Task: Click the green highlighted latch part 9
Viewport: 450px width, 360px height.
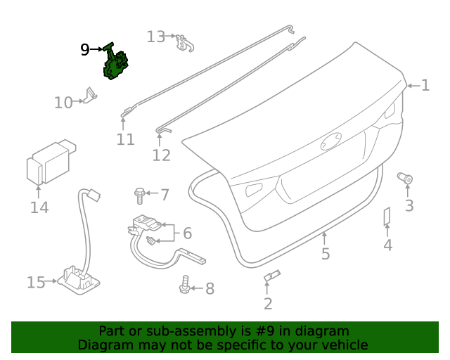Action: [115, 65]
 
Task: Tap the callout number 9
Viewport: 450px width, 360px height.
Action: [85, 49]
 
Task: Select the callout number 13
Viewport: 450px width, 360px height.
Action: [155, 36]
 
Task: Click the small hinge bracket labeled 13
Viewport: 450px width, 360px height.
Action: [184, 44]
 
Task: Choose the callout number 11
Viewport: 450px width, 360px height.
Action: [125, 140]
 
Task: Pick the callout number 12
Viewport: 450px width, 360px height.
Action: [161, 155]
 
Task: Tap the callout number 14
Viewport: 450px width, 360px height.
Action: [39, 207]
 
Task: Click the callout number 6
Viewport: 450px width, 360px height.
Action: [187, 233]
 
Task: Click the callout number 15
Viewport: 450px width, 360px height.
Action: [36, 282]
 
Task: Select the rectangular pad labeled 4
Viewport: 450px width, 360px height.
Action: [387, 217]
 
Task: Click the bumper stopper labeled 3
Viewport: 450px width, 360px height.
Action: [406, 179]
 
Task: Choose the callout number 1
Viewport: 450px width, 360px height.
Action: [425, 86]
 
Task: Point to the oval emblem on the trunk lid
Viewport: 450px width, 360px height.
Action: [331, 141]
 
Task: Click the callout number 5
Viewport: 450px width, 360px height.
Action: [325, 253]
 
